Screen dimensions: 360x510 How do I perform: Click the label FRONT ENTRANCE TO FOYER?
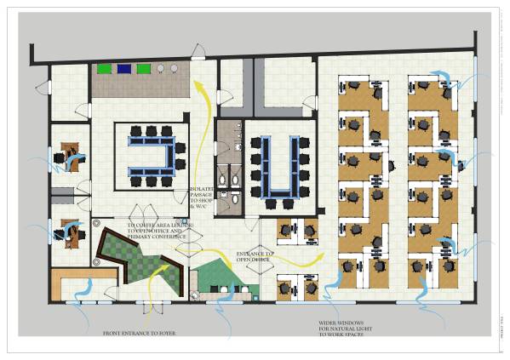(139, 332)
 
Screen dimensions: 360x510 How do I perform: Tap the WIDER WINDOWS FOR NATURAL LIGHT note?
(344, 329)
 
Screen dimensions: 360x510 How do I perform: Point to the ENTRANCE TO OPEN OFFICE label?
(255, 256)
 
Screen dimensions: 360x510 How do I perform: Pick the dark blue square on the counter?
(124, 69)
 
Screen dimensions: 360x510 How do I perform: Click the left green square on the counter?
(106, 69)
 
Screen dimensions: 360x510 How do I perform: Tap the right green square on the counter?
(143, 69)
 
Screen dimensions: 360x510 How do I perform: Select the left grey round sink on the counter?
(160, 68)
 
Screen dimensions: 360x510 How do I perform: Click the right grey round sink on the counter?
(175, 68)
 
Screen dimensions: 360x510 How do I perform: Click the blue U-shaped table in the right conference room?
(281, 166)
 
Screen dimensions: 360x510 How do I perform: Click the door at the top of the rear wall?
(198, 54)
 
